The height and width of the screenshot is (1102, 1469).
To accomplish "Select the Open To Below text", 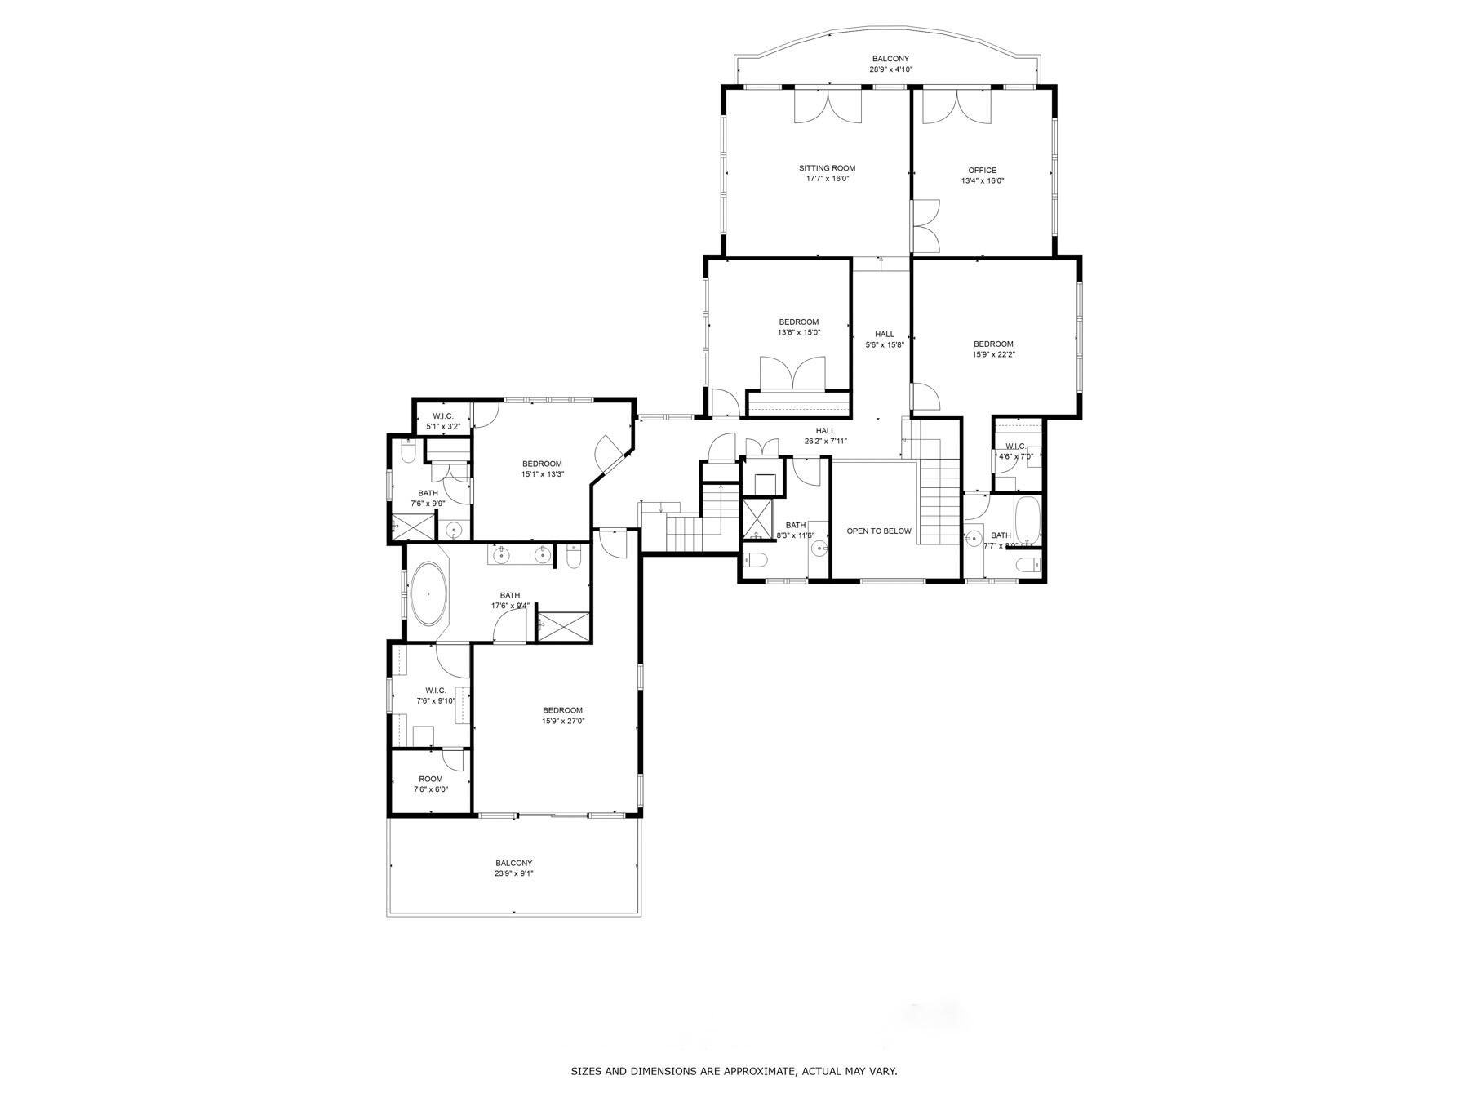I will tap(878, 531).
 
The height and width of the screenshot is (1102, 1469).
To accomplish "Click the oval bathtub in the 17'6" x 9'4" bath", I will tap(428, 593).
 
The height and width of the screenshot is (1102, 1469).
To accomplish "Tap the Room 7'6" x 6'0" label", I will tap(430, 784).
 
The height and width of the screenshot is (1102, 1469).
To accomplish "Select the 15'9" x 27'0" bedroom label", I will tap(562, 715).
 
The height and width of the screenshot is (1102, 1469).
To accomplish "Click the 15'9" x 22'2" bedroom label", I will tap(992, 349).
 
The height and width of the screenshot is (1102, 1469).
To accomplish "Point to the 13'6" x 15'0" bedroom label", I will tap(798, 327).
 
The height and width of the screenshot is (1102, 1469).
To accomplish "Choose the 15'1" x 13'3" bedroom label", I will tap(542, 469).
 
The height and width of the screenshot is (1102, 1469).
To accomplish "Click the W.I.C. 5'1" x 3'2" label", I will tap(443, 421).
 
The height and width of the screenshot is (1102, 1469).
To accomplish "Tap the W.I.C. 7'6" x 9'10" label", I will tap(435, 695).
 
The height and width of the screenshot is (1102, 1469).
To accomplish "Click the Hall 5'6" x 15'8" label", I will tap(884, 339).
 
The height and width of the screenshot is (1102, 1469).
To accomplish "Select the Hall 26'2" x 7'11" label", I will tap(825, 436).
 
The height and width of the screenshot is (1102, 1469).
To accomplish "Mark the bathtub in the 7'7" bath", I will tap(1027, 521).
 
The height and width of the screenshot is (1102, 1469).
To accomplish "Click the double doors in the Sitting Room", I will tap(828, 106).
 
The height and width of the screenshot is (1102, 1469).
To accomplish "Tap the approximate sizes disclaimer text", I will tap(734, 1071).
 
